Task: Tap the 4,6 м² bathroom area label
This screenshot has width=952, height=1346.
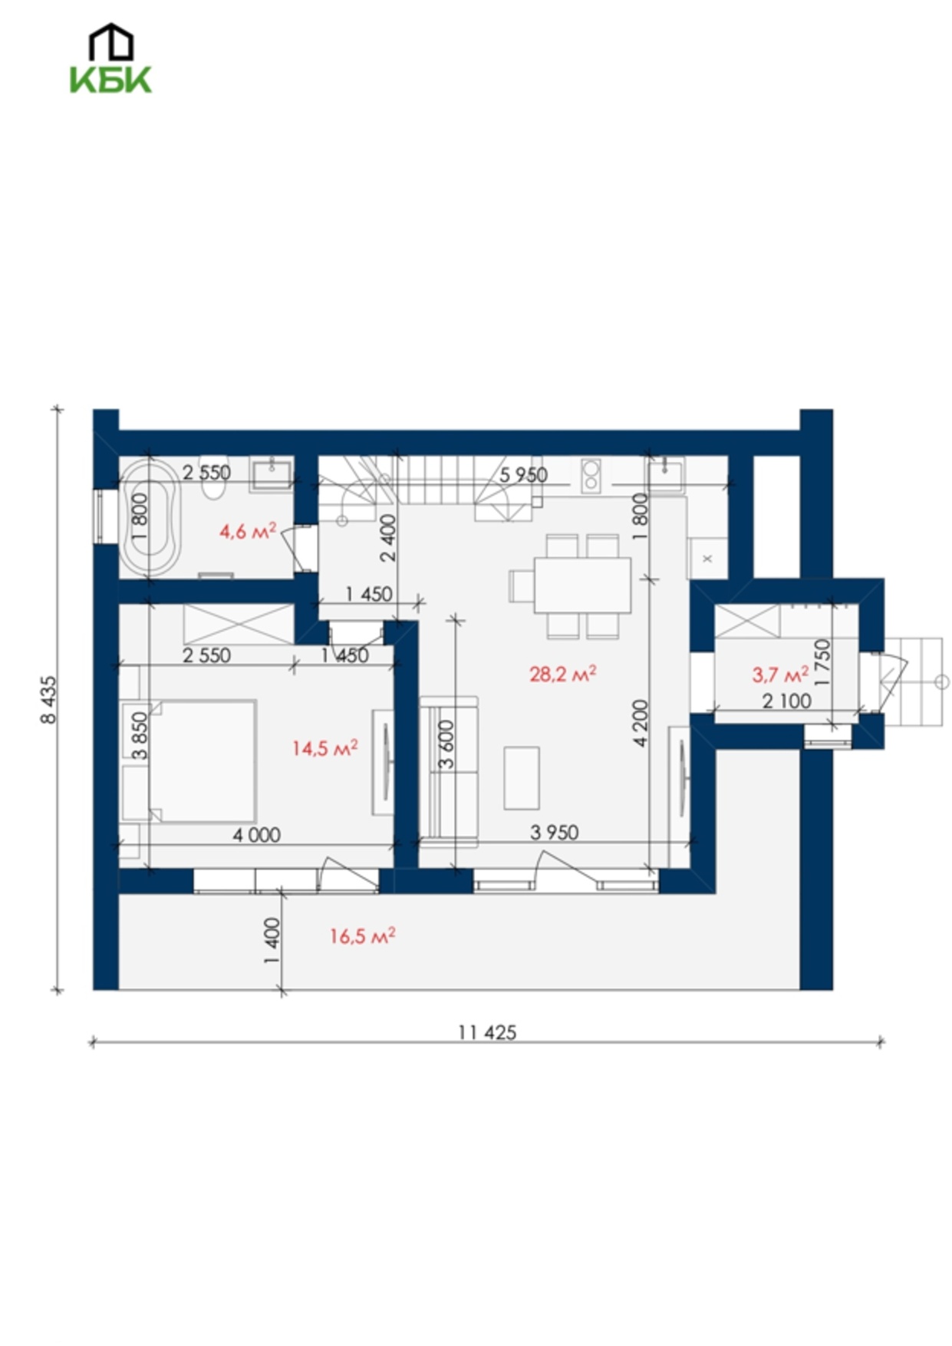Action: click(248, 530)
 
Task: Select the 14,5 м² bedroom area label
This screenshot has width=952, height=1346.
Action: click(324, 747)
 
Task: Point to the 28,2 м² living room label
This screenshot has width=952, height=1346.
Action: click(562, 673)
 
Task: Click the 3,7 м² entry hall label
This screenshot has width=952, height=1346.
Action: click(780, 674)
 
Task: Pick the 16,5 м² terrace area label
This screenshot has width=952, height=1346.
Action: click(363, 935)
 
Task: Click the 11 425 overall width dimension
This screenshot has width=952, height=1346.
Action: click(487, 1032)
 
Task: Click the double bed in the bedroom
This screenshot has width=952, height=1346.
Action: click(203, 760)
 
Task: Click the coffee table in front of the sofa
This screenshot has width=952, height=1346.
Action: click(522, 777)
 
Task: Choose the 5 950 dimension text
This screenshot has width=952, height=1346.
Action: click(524, 474)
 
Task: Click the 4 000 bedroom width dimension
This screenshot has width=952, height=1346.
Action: click(257, 834)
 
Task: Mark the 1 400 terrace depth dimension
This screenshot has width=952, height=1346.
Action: click(272, 942)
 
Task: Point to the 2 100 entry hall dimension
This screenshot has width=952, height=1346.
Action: click(787, 700)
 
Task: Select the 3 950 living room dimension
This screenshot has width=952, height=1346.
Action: click(555, 832)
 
